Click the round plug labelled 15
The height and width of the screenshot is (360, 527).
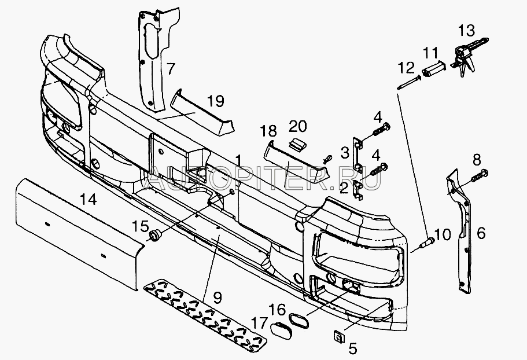[155, 235]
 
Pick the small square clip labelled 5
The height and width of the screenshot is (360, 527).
[338, 335]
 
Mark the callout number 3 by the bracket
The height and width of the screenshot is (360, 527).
[344, 153]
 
